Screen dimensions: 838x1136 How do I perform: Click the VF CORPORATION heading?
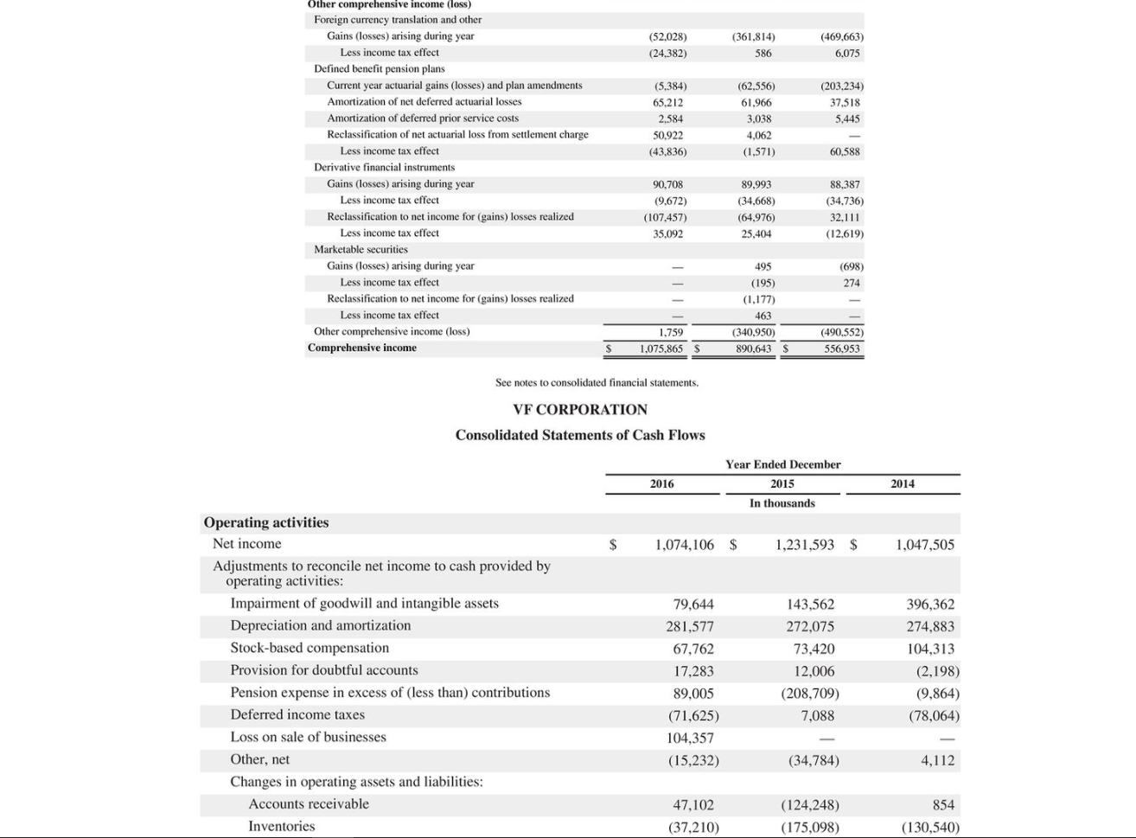click(579, 409)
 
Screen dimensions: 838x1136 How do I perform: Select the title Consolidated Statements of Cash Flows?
click(579, 435)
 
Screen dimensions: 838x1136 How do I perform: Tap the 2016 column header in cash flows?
click(661, 483)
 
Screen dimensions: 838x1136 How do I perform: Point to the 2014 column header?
click(902, 483)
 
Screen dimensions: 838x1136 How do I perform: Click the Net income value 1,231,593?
click(804, 545)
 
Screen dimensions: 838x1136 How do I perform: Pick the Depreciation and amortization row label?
click(320, 625)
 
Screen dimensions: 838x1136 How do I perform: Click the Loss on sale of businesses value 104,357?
click(690, 738)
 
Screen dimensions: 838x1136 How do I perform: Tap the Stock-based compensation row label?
click(309, 648)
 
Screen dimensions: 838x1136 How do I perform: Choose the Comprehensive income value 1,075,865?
click(661, 349)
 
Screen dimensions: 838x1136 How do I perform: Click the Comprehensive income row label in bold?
click(361, 348)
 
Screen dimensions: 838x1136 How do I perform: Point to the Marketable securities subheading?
click(361, 249)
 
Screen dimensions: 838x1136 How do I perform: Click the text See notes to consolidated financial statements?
click(597, 382)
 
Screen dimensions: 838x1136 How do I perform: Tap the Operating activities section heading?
click(265, 522)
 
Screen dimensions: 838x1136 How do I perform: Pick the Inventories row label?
click(281, 826)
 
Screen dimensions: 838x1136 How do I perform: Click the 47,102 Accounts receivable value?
click(693, 804)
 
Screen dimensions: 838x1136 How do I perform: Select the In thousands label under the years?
click(782, 503)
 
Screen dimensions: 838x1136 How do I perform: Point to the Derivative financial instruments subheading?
click(384, 167)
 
